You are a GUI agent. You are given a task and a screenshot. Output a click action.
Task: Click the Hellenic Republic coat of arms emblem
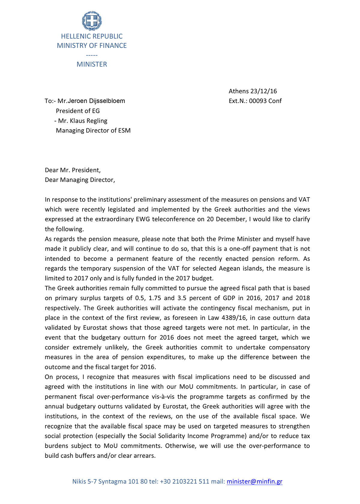92,21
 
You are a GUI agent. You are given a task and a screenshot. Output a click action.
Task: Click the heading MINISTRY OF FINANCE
92,46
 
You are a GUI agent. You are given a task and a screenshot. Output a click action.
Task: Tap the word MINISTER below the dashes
92,64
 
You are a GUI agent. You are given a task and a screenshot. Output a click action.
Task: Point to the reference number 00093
258,101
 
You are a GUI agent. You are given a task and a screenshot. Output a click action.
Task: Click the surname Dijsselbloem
107,101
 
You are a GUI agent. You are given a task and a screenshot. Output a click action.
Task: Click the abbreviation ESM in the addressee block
124,131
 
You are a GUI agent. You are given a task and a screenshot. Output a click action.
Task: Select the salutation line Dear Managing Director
80,180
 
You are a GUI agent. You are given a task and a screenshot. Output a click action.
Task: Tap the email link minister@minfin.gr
254,482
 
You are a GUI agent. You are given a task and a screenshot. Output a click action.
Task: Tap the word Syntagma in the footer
112,482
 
